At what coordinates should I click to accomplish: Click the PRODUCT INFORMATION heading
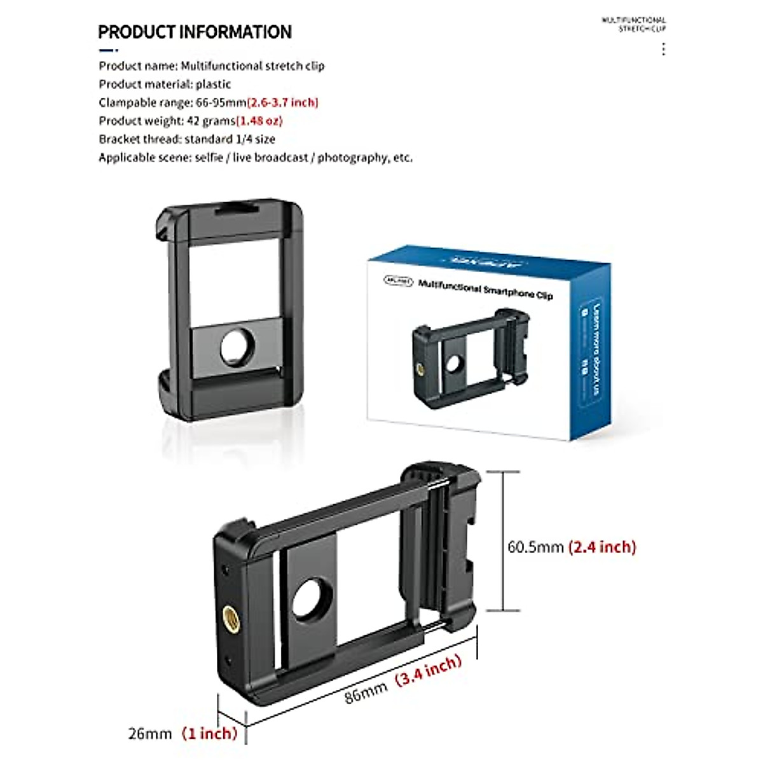coord(195,32)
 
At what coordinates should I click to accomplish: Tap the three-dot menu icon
coord(663,50)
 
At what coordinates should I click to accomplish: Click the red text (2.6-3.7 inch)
coord(282,102)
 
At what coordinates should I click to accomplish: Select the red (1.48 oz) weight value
coord(259,121)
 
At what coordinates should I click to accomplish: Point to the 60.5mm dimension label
coord(535,547)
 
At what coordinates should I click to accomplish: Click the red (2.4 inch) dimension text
coord(602,547)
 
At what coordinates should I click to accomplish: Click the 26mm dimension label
coord(150,734)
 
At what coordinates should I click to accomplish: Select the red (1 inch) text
coord(209,733)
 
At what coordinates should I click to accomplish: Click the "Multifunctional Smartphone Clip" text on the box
coord(485,289)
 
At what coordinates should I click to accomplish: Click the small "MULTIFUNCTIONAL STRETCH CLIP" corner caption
coord(634,24)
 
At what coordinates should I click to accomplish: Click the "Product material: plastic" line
coord(165,84)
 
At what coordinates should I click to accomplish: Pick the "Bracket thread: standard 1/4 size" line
coord(187,139)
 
